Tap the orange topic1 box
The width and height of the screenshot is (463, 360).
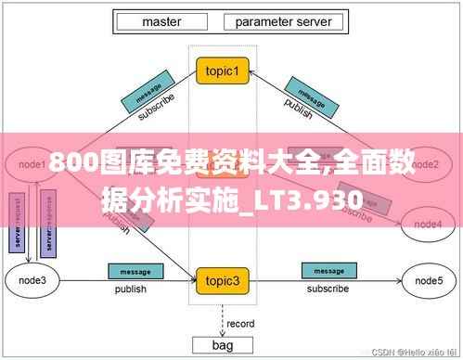point(223,71)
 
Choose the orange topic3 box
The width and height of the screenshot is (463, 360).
point(223,279)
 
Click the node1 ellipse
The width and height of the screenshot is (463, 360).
point(33,164)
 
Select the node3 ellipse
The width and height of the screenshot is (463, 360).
point(32,279)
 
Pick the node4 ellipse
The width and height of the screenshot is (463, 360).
point(428,224)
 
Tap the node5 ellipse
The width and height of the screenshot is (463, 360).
point(428,279)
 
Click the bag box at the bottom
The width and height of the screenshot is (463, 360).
point(222,345)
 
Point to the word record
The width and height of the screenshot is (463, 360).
point(240,324)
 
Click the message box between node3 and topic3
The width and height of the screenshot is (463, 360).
point(130,272)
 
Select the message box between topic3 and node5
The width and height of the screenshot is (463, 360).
point(328,272)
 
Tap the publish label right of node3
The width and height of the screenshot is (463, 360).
point(130,289)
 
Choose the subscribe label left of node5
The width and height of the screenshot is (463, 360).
point(328,289)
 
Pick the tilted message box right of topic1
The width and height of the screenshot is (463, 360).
point(304,94)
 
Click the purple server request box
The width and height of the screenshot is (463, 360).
point(16,223)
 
